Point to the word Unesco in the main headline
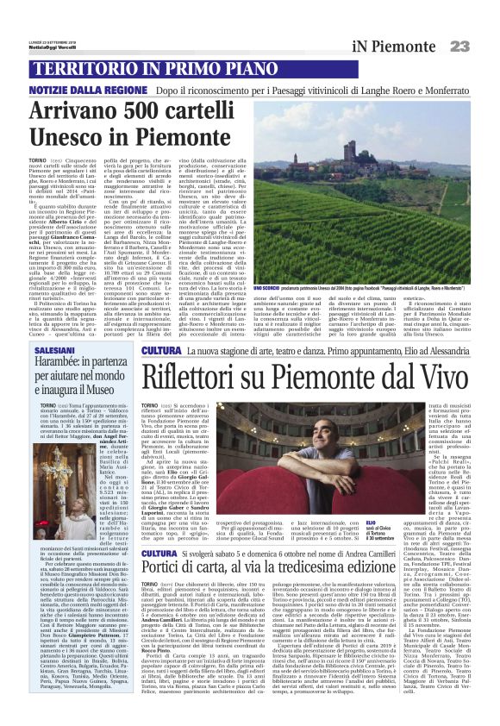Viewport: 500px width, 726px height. (x=72, y=138)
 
